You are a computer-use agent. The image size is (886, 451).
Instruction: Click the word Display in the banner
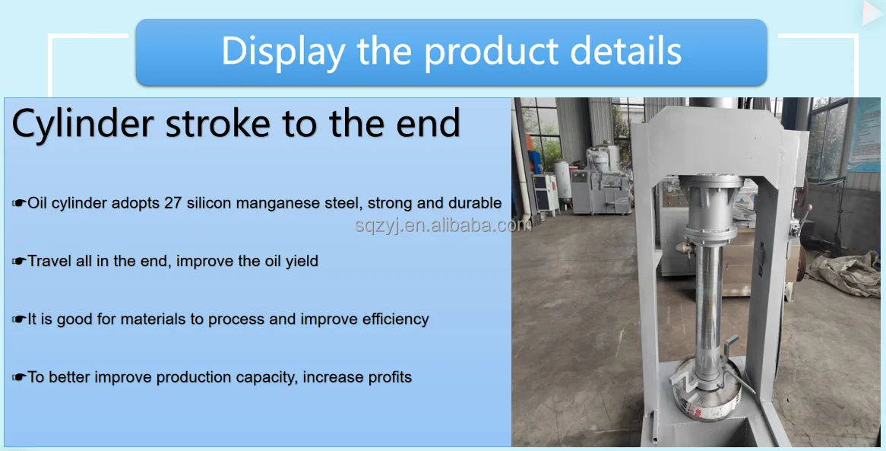coord(283,52)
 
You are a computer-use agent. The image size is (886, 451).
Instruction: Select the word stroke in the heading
coord(217,122)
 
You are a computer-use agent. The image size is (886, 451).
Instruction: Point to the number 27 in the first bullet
coord(173,203)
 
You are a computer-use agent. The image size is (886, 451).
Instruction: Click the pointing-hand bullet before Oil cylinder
coord(19,203)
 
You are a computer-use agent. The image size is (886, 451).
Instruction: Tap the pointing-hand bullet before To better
coord(19,377)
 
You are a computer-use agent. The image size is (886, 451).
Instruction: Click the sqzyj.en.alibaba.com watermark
coord(444,225)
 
